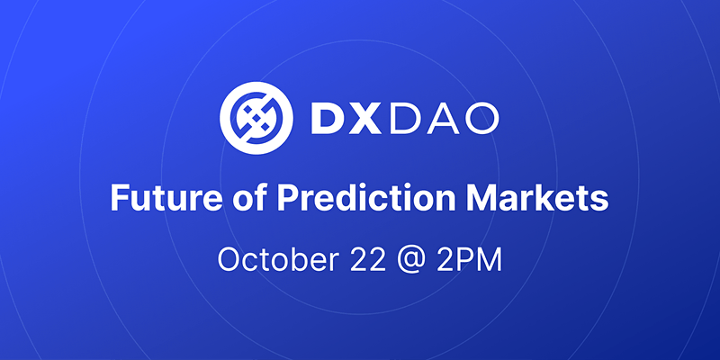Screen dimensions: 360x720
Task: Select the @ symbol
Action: (x=404, y=259)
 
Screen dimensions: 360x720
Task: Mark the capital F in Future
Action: (x=118, y=197)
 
